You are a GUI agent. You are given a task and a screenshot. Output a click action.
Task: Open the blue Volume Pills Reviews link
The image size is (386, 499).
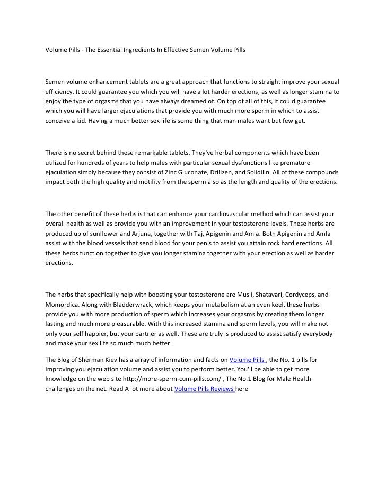(204, 390)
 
